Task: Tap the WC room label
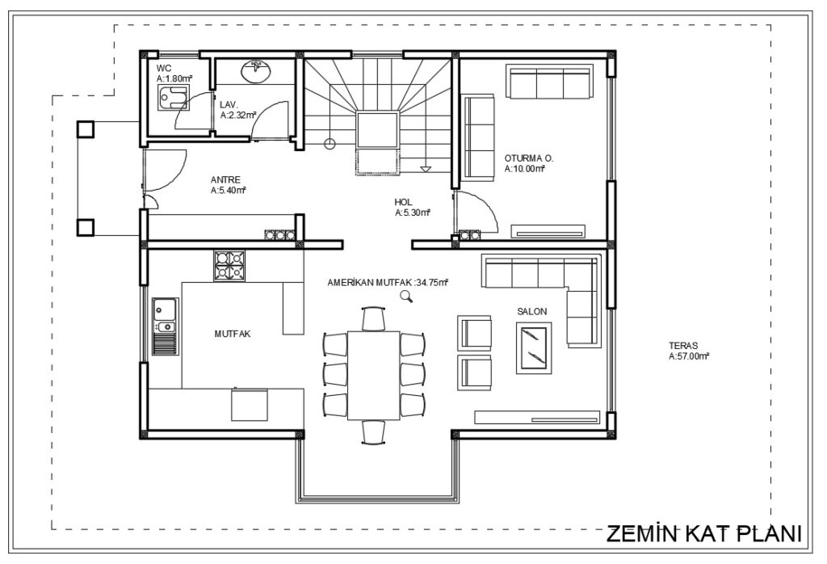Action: coord(163,68)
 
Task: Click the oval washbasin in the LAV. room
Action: coord(256,72)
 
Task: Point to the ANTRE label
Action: coord(225,180)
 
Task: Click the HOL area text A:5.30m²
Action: coord(413,213)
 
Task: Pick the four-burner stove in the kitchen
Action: coord(229,265)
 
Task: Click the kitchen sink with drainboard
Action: coord(166,326)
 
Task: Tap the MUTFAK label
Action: coord(233,334)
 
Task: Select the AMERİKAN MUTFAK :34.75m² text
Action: coord(388,282)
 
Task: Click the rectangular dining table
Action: coord(374,375)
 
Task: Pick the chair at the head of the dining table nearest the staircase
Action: coord(374,318)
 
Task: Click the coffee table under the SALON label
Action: coord(534,348)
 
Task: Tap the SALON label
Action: coord(531,312)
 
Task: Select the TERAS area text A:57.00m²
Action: coord(688,356)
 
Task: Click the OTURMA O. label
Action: coord(529,158)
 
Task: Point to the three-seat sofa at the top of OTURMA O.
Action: coord(549,82)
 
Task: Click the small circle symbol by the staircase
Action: coord(330,143)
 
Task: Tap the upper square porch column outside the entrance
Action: coord(86,129)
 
